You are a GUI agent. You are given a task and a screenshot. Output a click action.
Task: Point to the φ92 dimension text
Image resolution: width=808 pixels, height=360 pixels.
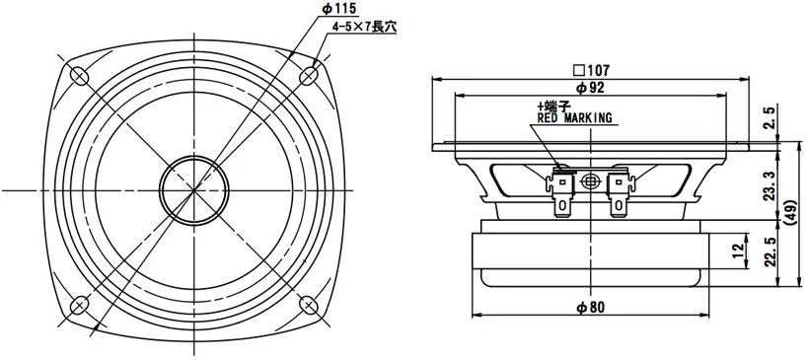coord(589,88)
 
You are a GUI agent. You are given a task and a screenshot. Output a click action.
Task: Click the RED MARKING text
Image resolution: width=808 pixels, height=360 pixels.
coord(574,118)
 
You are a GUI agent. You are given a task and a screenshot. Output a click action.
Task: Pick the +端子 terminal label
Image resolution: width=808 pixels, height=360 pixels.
coord(552,106)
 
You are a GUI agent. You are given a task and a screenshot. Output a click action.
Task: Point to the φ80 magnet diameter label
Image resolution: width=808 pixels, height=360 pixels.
coord(590,307)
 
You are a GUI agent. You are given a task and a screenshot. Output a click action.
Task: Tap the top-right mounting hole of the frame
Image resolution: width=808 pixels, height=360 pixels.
coord(309,74)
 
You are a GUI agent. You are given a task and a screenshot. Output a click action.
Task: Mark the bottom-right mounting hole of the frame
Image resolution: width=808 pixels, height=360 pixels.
coord(309,305)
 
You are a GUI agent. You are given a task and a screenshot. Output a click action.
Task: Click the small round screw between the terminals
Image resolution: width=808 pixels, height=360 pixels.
coord(591,181)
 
